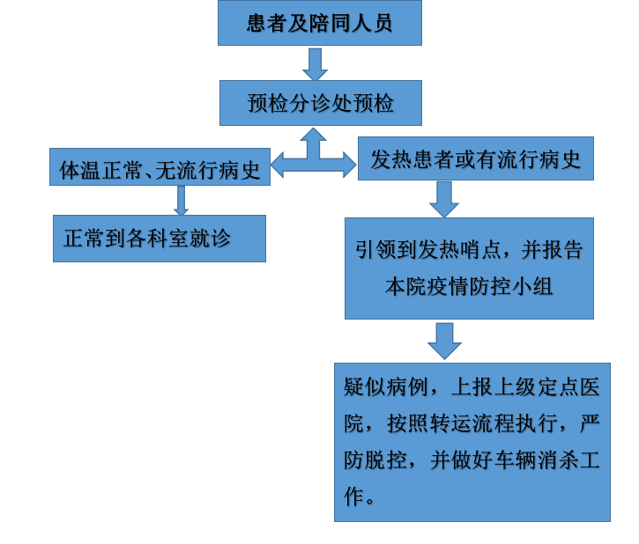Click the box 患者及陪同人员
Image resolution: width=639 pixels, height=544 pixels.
pyautogui.click(x=319, y=23)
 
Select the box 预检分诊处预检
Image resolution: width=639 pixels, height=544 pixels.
pyautogui.click(x=320, y=103)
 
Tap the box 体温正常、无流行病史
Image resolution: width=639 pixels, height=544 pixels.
pyautogui.click(x=160, y=167)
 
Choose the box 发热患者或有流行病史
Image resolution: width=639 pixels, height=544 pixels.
pyautogui.click(x=476, y=158)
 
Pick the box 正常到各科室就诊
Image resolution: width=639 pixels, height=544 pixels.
pyautogui.click(x=160, y=239)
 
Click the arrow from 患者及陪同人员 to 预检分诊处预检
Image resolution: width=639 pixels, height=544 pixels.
pyautogui.click(x=315, y=64)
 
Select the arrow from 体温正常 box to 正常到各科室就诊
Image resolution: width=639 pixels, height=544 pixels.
pyautogui.click(x=181, y=201)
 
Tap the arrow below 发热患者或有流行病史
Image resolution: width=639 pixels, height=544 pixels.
pyautogui.click(x=444, y=199)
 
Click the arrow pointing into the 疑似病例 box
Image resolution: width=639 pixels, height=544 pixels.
pyautogui.click(x=444, y=341)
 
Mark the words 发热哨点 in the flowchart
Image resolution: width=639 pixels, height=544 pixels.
pyautogui.click(x=459, y=249)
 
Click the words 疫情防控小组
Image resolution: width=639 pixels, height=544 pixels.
pyautogui.click(x=490, y=286)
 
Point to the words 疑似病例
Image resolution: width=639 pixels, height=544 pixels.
pyautogui.click(x=385, y=386)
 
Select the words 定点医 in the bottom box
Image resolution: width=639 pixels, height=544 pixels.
pyautogui.click(x=568, y=386)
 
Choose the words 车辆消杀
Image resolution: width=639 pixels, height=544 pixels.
pyautogui.click(x=536, y=460)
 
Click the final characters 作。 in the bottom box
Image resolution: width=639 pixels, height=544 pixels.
pyautogui.click(x=359, y=496)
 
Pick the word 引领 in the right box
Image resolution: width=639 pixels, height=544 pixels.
pyautogui.click(x=375, y=249)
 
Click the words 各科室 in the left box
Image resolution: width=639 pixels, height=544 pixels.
pyautogui.click(x=157, y=238)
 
